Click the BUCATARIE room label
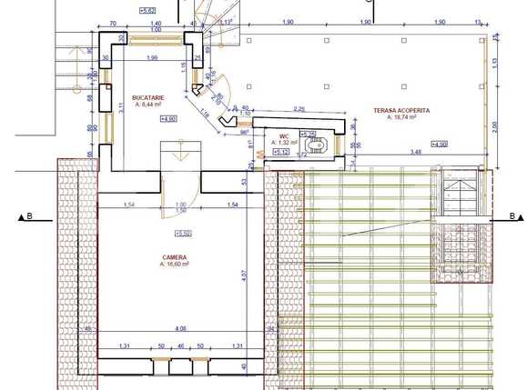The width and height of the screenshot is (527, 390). pyautogui.click(x=147, y=96)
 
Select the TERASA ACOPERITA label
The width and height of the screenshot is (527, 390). pyautogui.click(x=400, y=110)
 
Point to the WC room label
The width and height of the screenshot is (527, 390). pyautogui.click(x=282, y=134)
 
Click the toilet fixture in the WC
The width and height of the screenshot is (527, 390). pyautogui.click(x=318, y=145)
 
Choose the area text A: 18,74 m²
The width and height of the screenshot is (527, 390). pyautogui.click(x=400, y=117)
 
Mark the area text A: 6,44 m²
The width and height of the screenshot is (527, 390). pyautogui.click(x=147, y=104)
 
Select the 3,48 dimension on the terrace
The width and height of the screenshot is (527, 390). pyautogui.click(x=416, y=151)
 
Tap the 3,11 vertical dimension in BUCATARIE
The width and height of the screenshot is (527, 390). pyautogui.click(x=121, y=109)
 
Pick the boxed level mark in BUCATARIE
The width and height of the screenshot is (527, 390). pyautogui.click(x=168, y=119)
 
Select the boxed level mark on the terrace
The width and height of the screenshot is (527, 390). pyautogui.click(x=439, y=145)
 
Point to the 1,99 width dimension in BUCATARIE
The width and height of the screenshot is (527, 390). pyautogui.click(x=153, y=58)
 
